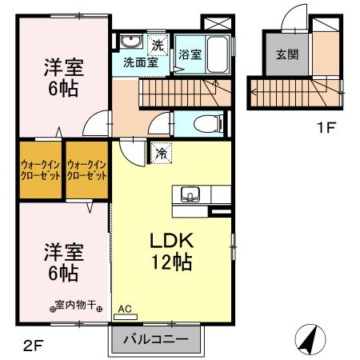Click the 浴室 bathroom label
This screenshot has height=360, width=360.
point(189,55)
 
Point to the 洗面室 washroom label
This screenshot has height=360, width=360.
point(140,61)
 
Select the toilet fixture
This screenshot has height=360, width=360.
point(209,122)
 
